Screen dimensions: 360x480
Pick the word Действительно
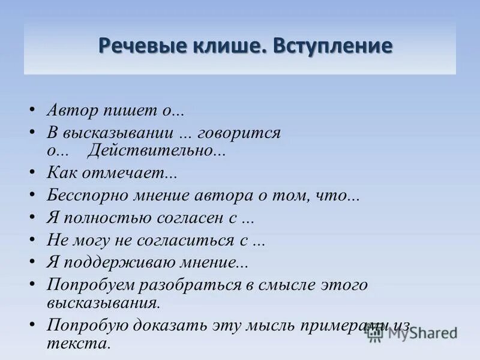coord(156,150)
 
